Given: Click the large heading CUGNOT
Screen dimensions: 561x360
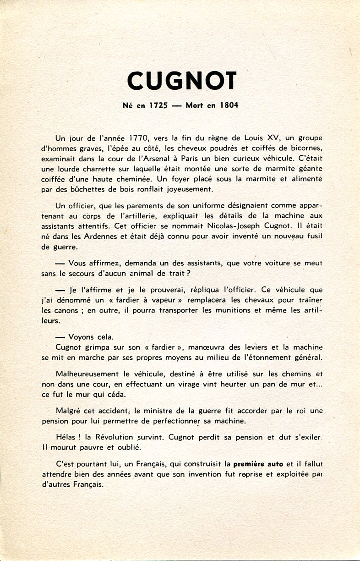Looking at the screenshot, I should (182, 81).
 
